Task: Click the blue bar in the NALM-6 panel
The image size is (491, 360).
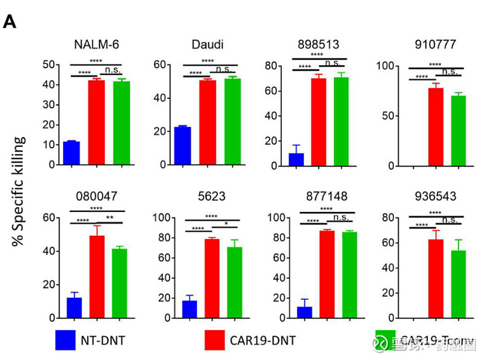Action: [71, 154]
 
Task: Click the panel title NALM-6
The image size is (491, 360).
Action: [96, 44]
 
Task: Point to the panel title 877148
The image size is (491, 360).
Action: [326, 197]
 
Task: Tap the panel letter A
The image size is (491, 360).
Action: [9, 22]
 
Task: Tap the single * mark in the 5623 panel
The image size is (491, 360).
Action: [226, 224]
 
